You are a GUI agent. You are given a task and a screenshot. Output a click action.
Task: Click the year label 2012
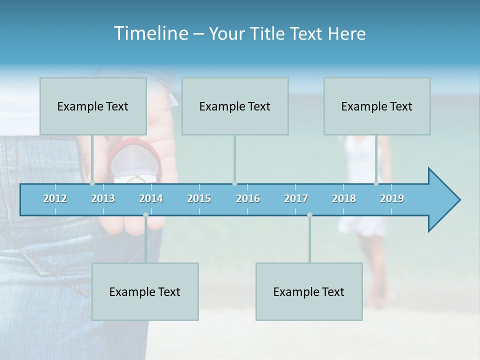(55, 198)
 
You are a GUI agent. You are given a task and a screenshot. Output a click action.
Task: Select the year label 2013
(103, 198)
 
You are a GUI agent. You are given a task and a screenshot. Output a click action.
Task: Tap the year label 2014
(151, 198)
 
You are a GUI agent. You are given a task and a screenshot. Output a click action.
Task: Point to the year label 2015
(199, 198)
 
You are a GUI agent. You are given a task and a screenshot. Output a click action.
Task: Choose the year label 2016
(248, 198)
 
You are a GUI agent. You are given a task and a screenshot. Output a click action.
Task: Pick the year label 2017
(296, 198)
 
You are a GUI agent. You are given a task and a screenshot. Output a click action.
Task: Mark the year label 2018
(344, 198)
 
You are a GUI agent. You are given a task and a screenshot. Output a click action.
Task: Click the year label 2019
(392, 198)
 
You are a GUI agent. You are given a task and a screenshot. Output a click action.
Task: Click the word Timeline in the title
(150, 33)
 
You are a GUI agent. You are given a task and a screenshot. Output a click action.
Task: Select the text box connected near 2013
(93, 106)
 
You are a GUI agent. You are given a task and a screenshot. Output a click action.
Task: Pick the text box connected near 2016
(235, 106)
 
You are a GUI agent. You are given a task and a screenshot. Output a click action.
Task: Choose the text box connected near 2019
(377, 106)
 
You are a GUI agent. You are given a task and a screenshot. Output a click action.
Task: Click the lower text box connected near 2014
(145, 291)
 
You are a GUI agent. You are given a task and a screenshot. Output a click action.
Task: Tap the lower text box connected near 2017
(309, 291)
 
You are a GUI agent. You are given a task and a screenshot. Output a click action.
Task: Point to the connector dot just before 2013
(92, 183)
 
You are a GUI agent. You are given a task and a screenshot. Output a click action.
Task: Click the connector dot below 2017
(309, 215)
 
